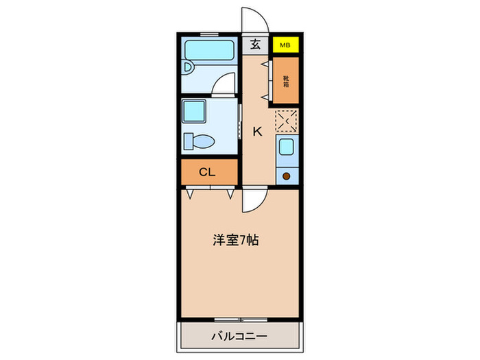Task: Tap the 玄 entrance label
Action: point(255,45)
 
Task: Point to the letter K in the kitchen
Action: point(258,132)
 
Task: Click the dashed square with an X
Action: point(286,121)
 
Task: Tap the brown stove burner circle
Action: point(286,176)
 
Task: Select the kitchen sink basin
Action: point(286,147)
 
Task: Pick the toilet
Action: point(199,140)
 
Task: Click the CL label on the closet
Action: point(208,171)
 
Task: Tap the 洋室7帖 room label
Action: point(235,241)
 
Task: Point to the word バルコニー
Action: point(239,336)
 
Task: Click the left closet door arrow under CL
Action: point(189,193)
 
